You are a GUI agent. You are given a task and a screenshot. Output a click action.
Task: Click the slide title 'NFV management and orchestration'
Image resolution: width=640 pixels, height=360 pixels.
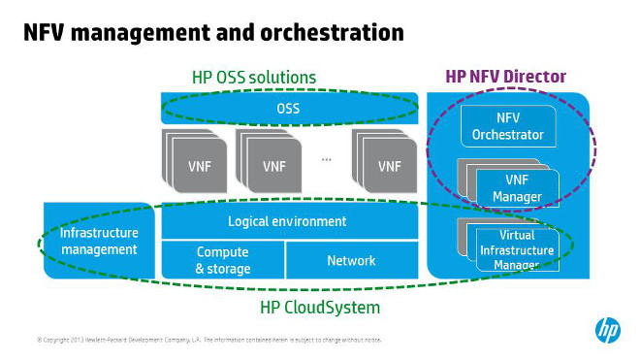[213, 33]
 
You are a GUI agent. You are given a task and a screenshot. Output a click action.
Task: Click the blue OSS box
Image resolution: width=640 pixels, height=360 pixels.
[288, 108]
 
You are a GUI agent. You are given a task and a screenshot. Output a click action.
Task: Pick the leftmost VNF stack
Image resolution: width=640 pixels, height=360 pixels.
[195, 162]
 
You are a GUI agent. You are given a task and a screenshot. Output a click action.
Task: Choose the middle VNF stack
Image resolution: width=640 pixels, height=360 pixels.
[273, 162]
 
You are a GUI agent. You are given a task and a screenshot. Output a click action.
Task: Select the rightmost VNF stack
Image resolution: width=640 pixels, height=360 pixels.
[388, 162]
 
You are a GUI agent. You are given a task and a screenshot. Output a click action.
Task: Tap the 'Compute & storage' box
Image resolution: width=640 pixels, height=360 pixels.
[223, 260]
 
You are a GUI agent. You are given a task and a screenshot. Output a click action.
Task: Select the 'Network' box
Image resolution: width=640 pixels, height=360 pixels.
[351, 260]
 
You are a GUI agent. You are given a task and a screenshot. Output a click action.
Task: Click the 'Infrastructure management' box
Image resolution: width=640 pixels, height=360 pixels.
[99, 242]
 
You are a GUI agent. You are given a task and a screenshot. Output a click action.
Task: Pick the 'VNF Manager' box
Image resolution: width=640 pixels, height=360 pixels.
[517, 186]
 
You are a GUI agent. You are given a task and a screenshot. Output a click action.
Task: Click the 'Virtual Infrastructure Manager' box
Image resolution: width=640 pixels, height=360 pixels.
[517, 249]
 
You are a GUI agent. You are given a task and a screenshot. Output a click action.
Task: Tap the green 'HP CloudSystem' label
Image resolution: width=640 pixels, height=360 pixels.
[319, 307]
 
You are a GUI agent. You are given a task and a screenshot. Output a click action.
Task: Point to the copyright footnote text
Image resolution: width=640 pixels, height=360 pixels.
[208, 341]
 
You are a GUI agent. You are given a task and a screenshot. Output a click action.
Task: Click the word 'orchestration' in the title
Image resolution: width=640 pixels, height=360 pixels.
[325, 33]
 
